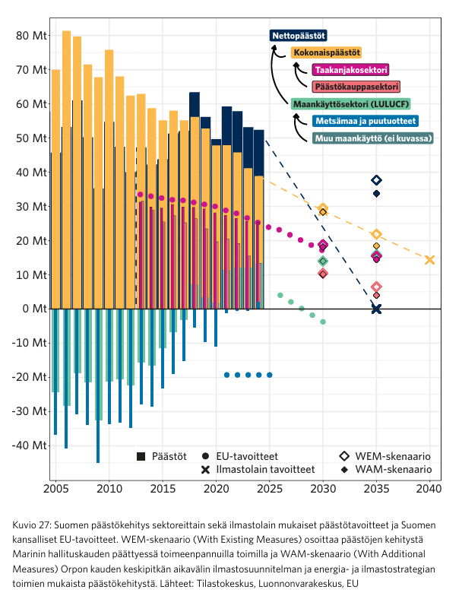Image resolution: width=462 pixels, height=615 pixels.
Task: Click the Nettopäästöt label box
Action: (x=299, y=36)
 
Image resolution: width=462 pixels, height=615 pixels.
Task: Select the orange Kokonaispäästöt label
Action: (x=326, y=52)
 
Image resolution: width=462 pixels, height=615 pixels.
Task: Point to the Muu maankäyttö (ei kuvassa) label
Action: (x=372, y=138)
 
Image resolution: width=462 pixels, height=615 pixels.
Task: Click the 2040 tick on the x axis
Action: (x=430, y=487)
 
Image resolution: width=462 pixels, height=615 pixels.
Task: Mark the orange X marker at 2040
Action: (x=430, y=260)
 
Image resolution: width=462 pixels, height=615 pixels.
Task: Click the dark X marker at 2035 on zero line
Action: (x=376, y=309)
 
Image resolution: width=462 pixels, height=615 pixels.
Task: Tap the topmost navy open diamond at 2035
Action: (x=376, y=180)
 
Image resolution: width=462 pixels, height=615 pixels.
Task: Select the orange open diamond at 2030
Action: (x=323, y=208)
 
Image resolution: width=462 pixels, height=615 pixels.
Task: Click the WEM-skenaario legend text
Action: (x=393, y=456)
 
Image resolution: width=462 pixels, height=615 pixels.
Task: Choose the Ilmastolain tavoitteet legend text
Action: (x=265, y=470)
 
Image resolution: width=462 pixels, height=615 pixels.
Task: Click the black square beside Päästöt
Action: (x=141, y=456)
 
